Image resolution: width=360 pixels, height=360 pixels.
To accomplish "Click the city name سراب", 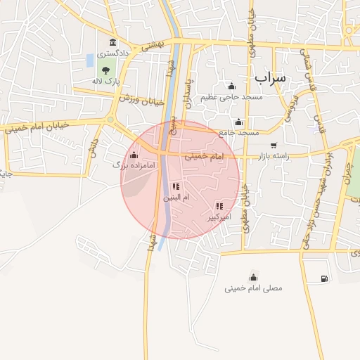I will [271, 77].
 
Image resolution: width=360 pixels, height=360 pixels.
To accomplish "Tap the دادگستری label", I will [113, 53].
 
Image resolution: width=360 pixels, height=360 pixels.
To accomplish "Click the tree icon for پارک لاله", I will [105, 70].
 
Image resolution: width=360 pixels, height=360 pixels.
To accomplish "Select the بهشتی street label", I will [151, 44].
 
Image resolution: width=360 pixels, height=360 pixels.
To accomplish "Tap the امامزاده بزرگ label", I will [127, 165].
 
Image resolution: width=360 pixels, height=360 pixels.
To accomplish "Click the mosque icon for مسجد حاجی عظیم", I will [231, 86].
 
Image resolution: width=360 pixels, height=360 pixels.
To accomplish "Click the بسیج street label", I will [171, 128].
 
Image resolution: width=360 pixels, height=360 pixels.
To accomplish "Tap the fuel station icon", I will [323, 278].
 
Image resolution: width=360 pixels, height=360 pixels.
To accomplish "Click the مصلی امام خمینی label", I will [253, 288].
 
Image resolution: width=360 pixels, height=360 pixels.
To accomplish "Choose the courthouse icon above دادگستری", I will [113, 43].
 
